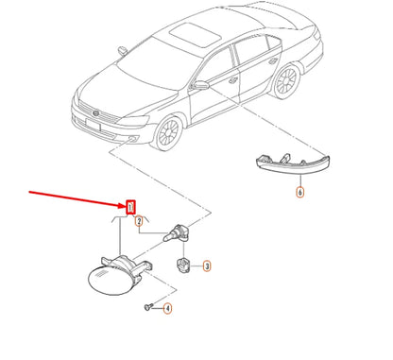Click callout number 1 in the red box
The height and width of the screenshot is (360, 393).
tap(130, 207)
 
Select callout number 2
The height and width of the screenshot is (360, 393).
tap(139, 221)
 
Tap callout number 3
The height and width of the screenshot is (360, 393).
tap(207, 266)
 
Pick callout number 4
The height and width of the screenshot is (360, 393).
tap(167, 308)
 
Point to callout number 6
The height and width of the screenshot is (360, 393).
tap(300, 192)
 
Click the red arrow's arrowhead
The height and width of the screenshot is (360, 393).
tap(122, 206)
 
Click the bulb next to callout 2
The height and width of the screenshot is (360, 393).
tap(176, 233)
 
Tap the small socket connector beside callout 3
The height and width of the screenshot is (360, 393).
tap(182, 266)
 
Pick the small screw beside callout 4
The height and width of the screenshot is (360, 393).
tap(148, 306)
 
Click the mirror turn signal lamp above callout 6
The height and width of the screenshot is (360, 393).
tap(293, 163)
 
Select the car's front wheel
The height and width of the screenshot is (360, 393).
tap(168, 132)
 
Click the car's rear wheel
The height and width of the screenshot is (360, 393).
tap(286, 81)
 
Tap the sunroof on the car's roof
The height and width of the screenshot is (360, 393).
tap(196, 35)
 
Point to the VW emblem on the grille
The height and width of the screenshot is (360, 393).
tap(95, 113)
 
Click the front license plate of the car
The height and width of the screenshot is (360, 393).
tap(94, 125)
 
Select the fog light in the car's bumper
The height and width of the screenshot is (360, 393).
tap(132, 138)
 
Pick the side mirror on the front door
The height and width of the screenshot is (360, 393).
tap(201, 85)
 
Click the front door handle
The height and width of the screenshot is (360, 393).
tap(233, 80)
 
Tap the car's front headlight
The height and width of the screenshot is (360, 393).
tap(133, 121)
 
